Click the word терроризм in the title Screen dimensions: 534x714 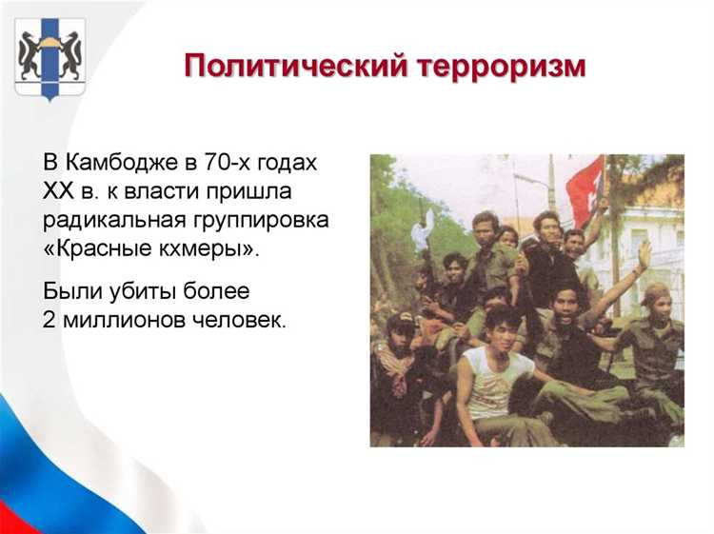500,67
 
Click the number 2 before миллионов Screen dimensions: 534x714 50,319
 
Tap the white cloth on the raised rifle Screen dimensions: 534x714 423,229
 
